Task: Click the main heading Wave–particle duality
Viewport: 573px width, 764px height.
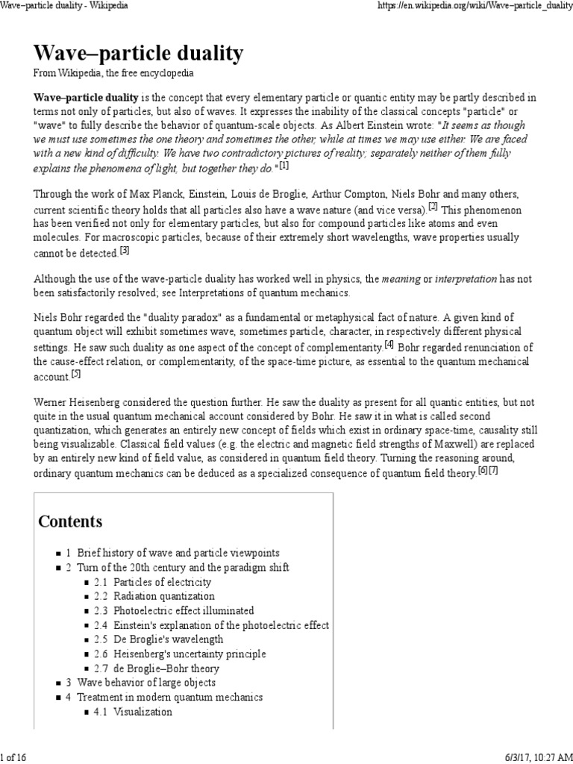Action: [139, 54]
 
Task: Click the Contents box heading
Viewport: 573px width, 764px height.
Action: [71, 521]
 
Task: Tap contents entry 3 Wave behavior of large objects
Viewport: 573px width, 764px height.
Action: [140, 683]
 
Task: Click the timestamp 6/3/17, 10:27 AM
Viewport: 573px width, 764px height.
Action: [526, 757]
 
